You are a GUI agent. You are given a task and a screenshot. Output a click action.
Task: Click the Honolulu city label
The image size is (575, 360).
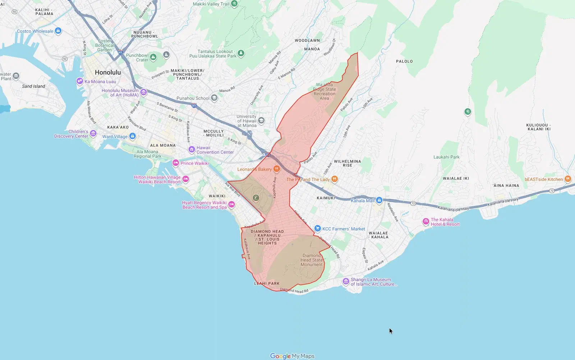(108, 72)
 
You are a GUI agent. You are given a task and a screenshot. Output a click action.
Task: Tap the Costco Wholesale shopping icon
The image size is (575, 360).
(58, 31)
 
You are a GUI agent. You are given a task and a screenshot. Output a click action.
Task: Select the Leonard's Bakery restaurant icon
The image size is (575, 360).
(276, 169)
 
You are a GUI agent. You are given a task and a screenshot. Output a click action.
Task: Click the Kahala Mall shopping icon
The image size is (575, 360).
(379, 200)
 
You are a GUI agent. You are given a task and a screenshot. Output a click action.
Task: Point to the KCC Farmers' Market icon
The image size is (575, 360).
(317, 228)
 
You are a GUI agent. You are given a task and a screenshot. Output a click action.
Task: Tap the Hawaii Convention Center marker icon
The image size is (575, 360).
(192, 149)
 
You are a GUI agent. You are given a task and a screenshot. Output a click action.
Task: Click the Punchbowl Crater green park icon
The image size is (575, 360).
(153, 57)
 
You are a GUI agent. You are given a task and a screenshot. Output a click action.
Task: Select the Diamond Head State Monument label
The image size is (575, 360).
(312, 260)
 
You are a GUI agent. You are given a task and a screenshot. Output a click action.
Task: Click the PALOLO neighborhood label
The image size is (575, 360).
(404, 61)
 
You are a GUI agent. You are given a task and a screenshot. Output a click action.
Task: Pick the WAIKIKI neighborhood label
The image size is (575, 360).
(217, 196)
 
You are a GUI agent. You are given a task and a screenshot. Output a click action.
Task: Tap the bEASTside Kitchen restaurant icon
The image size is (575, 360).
(568, 179)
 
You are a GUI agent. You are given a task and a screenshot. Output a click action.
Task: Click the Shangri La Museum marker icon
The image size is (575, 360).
(346, 281)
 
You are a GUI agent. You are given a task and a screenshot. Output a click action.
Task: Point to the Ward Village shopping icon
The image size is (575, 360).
(133, 136)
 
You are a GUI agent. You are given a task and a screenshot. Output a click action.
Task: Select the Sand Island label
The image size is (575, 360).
(33, 86)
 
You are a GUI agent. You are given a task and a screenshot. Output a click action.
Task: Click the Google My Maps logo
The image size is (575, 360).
(292, 356)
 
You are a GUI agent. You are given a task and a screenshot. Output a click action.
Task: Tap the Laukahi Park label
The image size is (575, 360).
(446, 157)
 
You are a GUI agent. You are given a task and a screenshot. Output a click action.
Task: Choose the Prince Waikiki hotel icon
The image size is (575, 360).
(176, 163)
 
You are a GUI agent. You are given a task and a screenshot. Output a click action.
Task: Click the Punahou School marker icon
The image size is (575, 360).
(214, 98)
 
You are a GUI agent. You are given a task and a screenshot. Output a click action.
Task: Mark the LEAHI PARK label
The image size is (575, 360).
(267, 283)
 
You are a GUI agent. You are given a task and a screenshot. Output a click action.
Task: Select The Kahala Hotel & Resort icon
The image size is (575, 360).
(426, 222)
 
